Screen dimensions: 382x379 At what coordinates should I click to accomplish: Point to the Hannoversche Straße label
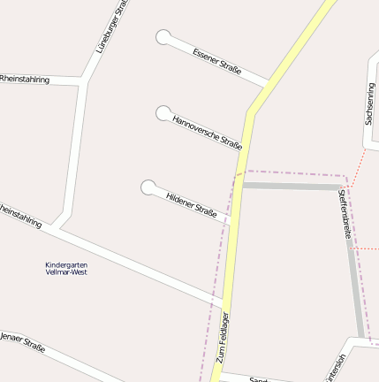208,132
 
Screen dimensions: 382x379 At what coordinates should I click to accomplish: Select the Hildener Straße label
192,202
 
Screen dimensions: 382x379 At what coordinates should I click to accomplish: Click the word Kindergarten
66,264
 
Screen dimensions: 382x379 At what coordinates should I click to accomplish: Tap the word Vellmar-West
66,271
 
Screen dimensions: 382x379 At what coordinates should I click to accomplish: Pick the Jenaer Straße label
23,341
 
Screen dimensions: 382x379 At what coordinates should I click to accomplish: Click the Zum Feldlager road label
223,338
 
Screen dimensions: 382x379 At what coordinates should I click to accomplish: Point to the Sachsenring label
369,103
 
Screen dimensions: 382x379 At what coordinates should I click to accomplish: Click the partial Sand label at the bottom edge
258,379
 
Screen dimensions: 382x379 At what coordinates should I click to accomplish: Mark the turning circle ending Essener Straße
163,37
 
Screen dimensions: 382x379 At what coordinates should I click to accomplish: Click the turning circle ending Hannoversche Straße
163,113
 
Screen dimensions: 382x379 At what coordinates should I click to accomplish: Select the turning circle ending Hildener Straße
148,187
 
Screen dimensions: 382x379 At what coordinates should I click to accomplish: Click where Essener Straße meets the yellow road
268,85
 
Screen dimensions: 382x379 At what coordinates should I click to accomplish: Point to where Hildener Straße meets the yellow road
231,221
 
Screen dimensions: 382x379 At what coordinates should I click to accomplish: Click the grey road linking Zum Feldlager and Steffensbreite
292,186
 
